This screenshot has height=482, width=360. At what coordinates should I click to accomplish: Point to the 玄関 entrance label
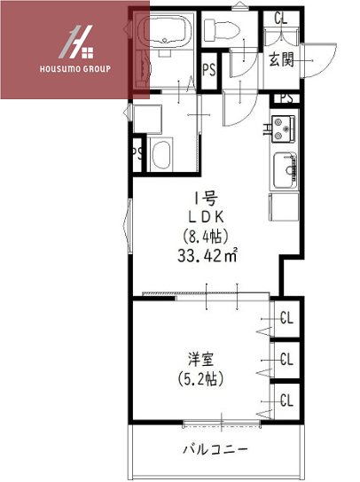pyautogui.click(x=283, y=59)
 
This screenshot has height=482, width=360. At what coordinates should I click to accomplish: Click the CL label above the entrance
pyautogui.click(x=281, y=18)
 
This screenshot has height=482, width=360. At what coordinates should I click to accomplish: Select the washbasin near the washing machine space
pyautogui.click(x=160, y=155)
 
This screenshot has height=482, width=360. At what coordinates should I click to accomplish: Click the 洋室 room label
pyautogui.click(x=200, y=360)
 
